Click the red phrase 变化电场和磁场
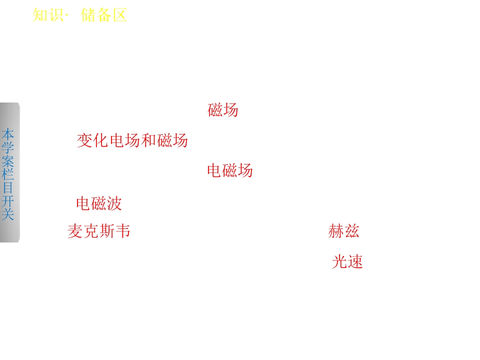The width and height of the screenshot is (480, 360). [x=132, y=140]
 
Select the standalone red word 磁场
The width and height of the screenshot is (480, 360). [x=223, y=110]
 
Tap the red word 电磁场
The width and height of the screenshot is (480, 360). [x=230, y=170]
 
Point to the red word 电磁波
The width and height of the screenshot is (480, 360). [x=99, y=203]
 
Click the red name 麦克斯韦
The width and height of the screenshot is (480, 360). [x=99, y=231]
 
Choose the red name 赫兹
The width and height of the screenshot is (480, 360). [x=343, y=231]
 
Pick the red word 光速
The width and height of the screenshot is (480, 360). [x=347, y=261]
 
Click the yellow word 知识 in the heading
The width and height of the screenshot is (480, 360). [x=48, y=15]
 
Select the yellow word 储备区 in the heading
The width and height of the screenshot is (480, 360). [x=104, y=15]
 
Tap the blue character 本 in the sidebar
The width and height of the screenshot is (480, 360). [x=7, y=134]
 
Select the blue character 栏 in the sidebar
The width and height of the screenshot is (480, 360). [x=7, y=174]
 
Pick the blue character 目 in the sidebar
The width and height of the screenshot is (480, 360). [x=7, y=187]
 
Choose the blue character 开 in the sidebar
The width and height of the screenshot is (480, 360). [x=7, y=201]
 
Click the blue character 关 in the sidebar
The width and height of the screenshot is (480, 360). [x=7, y=214]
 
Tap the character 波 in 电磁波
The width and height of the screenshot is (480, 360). [x=114, y=203]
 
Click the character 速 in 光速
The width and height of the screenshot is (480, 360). [x=355, y=261]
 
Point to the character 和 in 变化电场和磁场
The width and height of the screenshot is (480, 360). [x=148, y=140]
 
